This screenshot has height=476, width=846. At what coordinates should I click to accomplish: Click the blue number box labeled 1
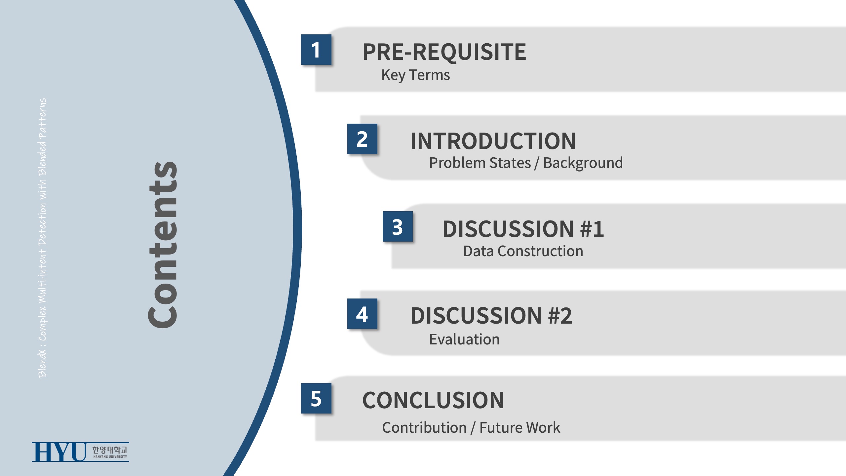[316, 50]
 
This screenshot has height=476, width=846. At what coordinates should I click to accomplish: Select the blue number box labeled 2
[362, 139]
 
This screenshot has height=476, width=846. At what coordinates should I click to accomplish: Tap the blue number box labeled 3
[398, 226]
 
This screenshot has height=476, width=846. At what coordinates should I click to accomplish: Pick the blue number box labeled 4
[362, 314]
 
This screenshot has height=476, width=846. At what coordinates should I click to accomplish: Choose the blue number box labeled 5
[316, 398]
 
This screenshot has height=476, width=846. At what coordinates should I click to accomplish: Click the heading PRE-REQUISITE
[444, 52]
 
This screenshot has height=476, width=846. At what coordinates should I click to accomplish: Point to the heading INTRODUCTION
[493, 141]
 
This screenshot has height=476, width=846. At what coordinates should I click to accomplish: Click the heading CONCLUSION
[433, 400]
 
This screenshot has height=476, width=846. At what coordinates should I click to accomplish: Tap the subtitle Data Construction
[523, 251]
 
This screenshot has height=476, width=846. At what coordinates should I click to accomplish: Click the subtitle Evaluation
[464, 339]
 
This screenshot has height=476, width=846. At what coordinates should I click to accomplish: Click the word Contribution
[424, 427]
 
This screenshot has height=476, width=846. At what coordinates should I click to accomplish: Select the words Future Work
[520, 427]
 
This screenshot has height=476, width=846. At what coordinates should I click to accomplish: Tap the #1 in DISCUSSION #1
[592, 229]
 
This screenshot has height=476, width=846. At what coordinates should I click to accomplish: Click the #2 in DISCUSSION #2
[560, 316]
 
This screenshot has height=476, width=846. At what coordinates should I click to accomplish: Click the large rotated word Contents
[163, 245]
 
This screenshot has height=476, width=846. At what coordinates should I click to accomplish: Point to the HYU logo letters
[59, 452]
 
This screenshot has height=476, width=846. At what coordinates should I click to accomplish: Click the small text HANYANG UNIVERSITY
[110, 457]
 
